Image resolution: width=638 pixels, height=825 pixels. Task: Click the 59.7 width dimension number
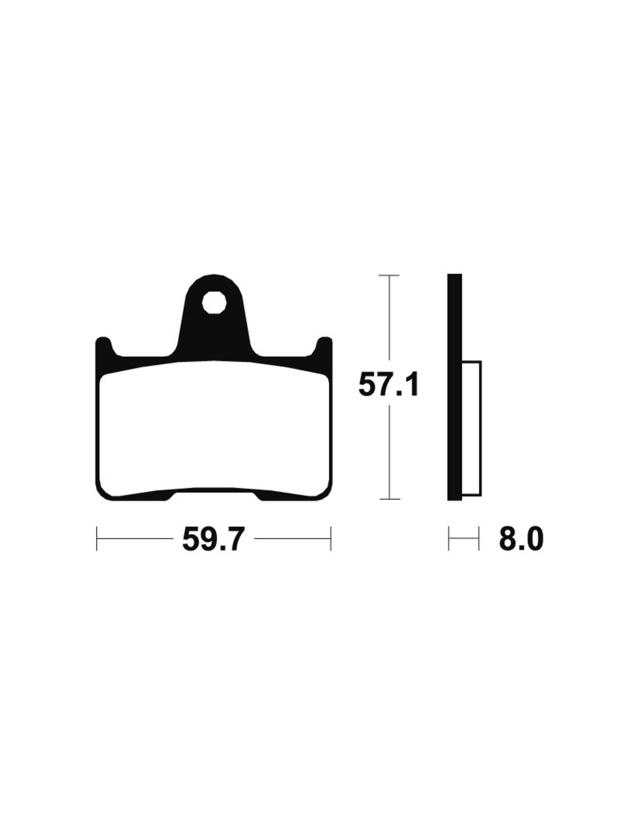(211, 538)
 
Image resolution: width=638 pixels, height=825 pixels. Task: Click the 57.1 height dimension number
(388, 385)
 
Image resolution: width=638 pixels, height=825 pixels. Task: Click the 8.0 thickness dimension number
(521, 538)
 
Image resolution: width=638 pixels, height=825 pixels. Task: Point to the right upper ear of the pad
(324, 345)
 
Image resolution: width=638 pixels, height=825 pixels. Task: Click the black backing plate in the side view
(454, 386)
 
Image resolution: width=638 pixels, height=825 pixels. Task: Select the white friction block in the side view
(472, 429)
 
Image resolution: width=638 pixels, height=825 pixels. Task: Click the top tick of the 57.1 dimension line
(389, 275)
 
